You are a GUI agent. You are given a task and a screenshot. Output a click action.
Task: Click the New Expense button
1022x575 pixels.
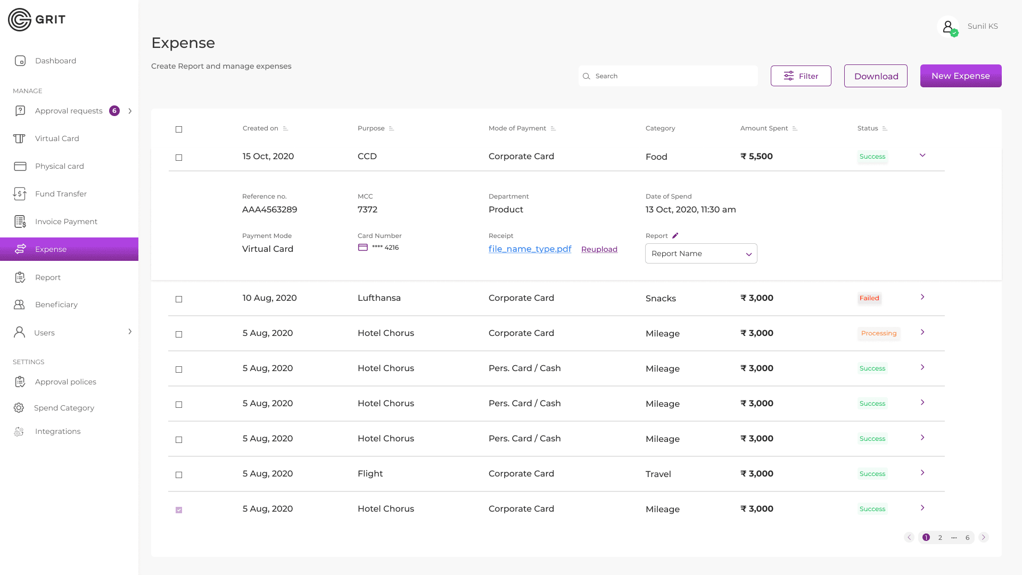[961, 76]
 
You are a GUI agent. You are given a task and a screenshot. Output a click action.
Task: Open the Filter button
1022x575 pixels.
[801, 76]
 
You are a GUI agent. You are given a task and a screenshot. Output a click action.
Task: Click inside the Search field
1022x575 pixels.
[668, 76]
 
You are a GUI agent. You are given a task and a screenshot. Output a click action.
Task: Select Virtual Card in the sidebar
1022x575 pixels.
[57, 138]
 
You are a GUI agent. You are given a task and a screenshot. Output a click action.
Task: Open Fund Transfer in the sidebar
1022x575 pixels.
[61, 194]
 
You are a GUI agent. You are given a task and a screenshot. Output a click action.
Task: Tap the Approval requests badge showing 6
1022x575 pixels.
[114, 111]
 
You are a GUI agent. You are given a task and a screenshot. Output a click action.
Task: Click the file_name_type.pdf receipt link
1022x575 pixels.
[530, 249]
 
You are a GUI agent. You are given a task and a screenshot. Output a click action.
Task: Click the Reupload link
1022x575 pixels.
[599, 249]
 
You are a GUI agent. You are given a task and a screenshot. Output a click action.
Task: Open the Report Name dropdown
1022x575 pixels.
[701, 253]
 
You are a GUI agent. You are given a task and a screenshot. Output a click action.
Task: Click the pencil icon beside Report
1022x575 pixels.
[675, 235]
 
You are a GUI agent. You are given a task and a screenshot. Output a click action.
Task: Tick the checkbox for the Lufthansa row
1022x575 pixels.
[179, 299]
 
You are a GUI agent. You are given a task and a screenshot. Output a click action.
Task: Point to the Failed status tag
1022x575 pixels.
[869, 298]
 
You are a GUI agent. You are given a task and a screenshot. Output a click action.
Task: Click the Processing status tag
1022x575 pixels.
[879, 333]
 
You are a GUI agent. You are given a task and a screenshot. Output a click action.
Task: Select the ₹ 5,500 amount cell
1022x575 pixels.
[756, 157]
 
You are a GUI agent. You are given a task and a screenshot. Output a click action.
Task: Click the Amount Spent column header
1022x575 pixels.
[764, 128]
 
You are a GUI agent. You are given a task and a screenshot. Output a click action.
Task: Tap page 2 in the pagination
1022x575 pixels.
[940, 537]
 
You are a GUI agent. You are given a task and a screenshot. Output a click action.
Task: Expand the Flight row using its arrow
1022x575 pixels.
[922, 473]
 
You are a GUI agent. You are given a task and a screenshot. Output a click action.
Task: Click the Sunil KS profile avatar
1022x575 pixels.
[948, 26]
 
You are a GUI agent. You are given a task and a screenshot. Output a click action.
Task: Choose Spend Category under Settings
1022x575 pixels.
[64, 408]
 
